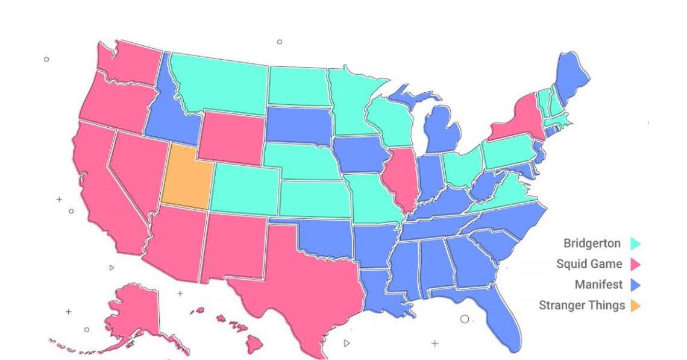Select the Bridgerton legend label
pyautogui.click(x=592, y=244)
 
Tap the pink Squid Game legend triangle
pyautogui.click(x=635, y=264)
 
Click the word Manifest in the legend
pyautogui.click(x=598, y=285)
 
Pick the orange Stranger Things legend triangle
pyautogui.click(x=635, y=306)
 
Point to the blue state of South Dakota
pyautogui.click(x=299, y=125)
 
